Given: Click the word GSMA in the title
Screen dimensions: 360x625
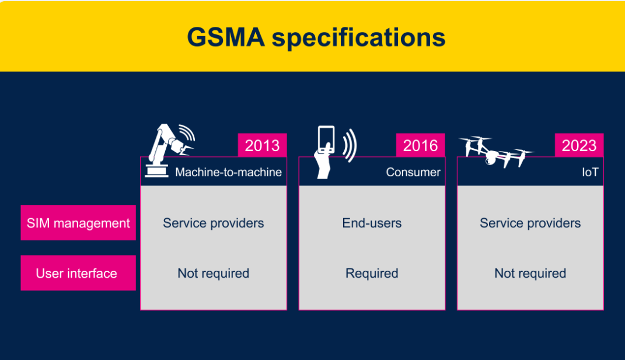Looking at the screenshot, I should point(225,37).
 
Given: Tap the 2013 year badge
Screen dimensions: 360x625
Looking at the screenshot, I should point(262,145).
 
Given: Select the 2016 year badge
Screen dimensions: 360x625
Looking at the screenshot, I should point(420,145).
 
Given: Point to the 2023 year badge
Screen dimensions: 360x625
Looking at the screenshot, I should point(579,145).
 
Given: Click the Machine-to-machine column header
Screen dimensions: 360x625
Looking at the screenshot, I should point(228,172).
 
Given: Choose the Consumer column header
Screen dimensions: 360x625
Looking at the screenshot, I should point(413,172).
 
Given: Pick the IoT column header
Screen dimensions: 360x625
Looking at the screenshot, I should point(591,172).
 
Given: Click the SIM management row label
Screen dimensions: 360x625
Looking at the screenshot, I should point(78,223).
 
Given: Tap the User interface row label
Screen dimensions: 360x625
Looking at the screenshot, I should point(76,273).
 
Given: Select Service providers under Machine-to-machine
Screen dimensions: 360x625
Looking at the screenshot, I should point(214,223).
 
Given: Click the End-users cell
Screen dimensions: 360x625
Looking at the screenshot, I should point(372,223).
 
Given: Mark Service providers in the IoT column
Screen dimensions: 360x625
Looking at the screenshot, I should point(530,223).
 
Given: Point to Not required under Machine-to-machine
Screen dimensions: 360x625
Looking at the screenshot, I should point(214,273).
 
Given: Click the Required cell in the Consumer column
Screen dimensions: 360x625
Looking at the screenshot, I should point(372,273).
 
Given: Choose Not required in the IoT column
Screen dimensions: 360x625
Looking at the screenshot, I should point(530,273).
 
